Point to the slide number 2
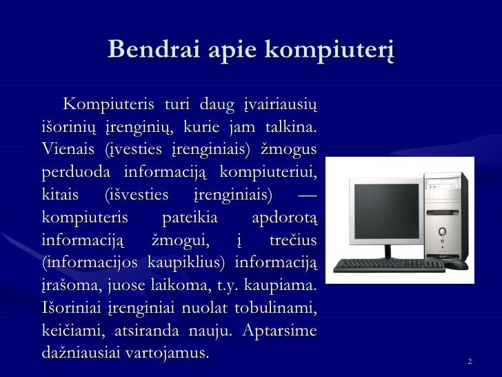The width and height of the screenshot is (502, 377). point(469,362)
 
